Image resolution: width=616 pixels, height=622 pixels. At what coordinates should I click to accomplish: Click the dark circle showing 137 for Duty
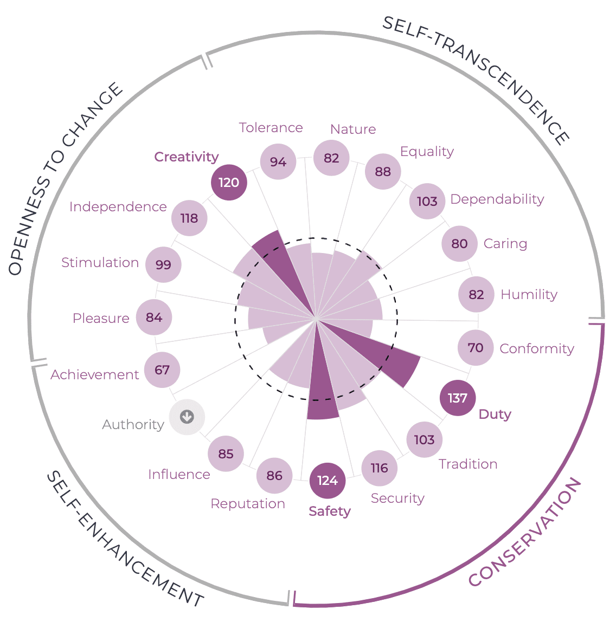tap(458, 398)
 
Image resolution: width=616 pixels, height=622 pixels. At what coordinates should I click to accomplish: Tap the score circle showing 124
tap(328, 481)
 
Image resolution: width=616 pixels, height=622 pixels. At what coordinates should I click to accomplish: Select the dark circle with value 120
tap(229, 182)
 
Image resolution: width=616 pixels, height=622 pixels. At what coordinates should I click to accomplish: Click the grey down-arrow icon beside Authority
tap(187, 417)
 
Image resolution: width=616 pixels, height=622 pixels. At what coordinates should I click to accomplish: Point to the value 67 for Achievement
tap(162, 370)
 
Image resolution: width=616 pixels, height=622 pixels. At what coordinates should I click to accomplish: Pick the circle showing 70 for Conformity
tap(476, 347)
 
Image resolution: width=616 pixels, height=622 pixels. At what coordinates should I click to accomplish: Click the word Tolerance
tap(271, 128)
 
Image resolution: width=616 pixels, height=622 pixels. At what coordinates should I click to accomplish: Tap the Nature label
tap(353, 129)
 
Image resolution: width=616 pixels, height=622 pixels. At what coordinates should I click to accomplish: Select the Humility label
tap(529, 295)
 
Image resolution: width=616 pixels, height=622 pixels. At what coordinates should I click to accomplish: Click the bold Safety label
tap(330, 511)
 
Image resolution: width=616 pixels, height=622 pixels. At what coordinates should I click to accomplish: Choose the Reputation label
tap(248, 504)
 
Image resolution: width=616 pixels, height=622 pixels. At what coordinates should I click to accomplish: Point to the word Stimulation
tap(100, 263)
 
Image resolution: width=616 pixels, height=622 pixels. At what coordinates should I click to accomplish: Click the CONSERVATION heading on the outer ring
tap(524, 534)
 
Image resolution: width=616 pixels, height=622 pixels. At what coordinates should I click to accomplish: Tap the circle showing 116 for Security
tap(380, 468)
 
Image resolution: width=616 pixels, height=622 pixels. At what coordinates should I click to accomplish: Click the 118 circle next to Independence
tap(189, 218)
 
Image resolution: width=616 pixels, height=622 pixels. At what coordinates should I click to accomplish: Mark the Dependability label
tap(497, 199)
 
